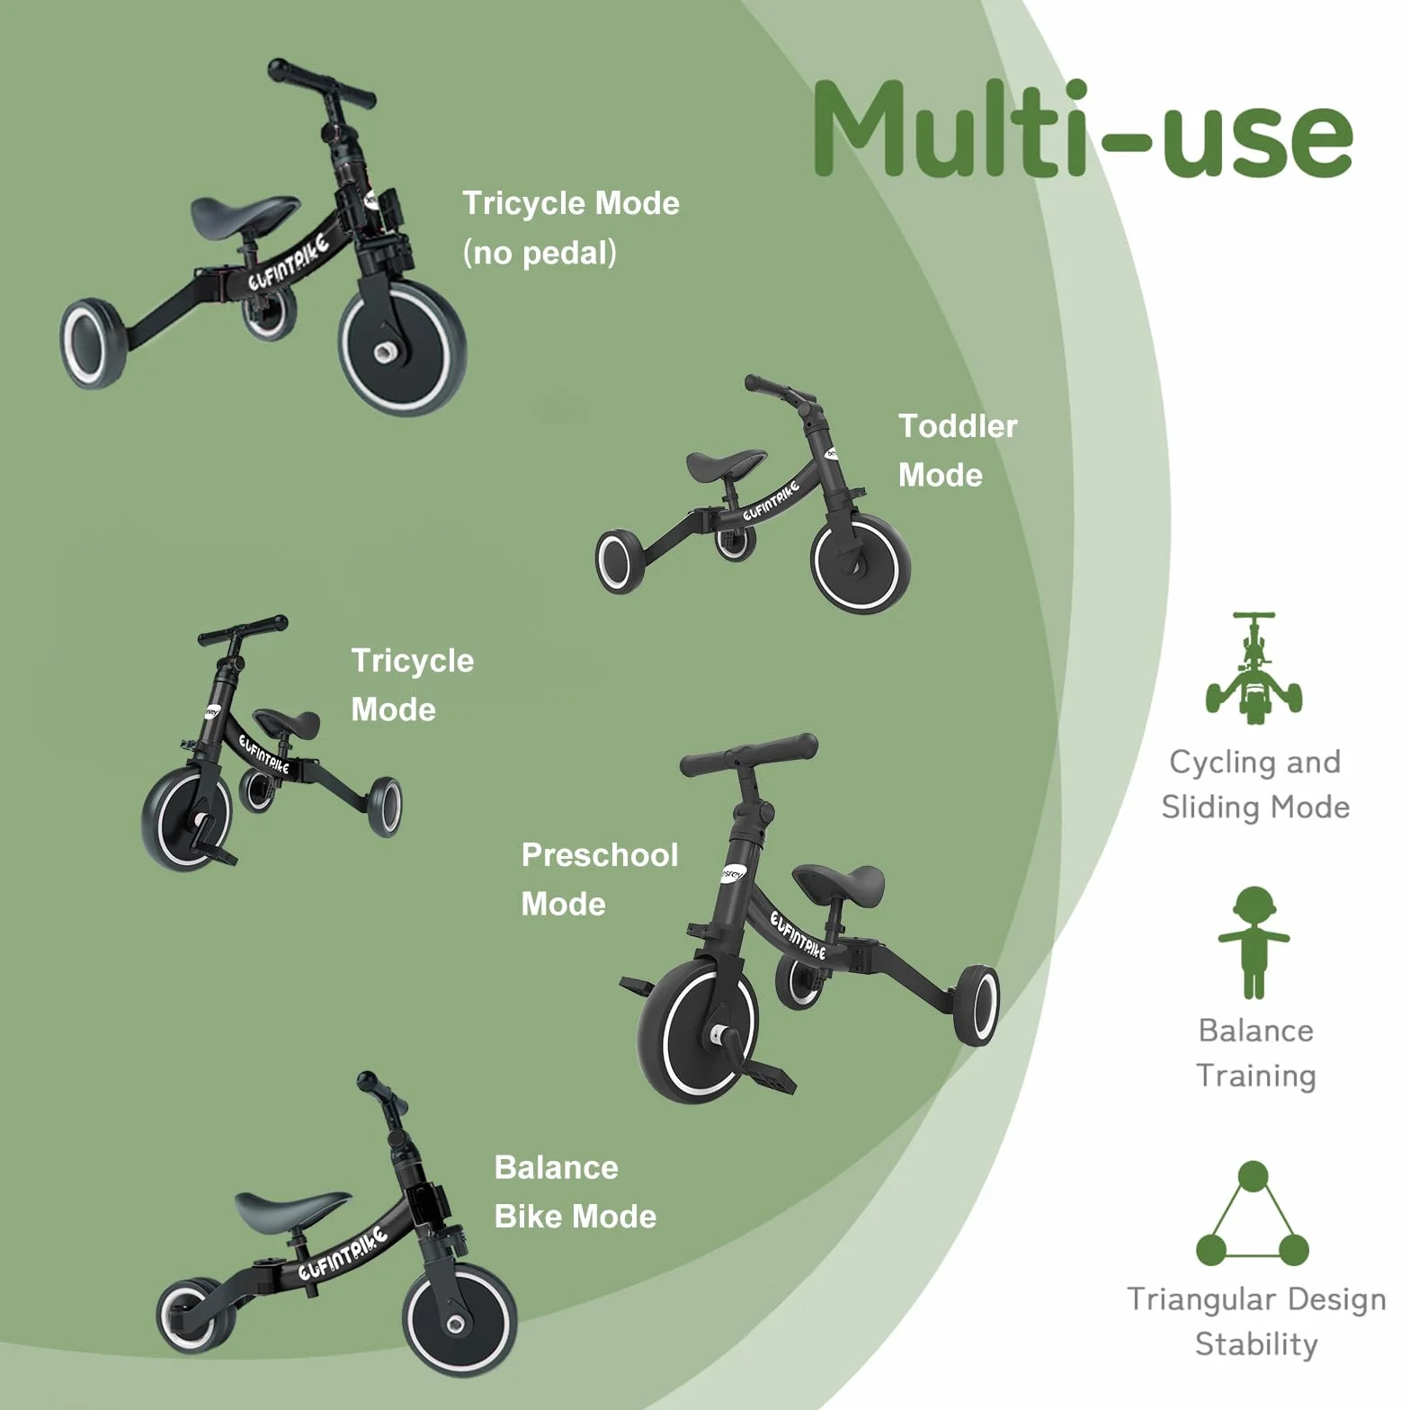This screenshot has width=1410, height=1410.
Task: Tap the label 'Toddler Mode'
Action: click(x=958, y=451)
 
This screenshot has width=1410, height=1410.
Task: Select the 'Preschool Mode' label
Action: click(x=599, y=879)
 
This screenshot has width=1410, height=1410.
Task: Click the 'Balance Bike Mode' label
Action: click(x=576, y=1191)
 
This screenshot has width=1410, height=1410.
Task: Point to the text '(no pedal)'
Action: click(x=540, y=253)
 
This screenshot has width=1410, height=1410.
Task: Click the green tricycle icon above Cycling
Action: click(x=1254, y=668)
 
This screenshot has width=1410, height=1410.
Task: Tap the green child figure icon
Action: click(x=1254, y=942)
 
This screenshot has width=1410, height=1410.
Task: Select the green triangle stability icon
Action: click(x=1253, y=1213)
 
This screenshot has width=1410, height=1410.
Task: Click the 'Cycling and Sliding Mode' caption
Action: click(x=1255, y=785)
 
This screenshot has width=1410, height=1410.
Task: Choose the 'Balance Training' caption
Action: click(x=1255, y=1053)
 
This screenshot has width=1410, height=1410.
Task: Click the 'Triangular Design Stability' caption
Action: click(x=1256, y=1321)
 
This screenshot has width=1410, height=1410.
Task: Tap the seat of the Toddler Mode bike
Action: click(x=727, y=464)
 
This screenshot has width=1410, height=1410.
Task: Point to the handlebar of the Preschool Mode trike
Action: click(x=749, y=754)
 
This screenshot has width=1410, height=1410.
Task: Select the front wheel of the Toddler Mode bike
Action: click(x=861, y=563)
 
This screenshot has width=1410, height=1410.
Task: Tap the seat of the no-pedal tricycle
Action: click(x=245, y=214)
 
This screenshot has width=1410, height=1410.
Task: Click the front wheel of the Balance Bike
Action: click(x=460, y=1321)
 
